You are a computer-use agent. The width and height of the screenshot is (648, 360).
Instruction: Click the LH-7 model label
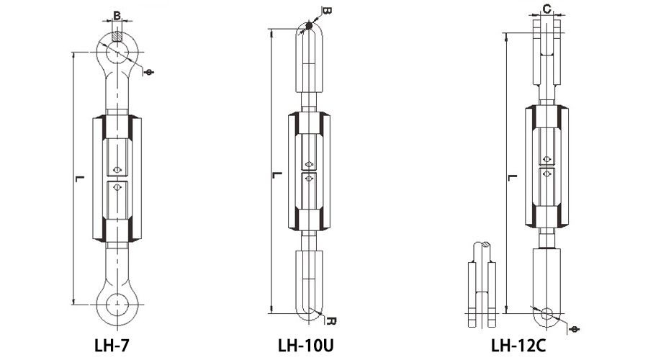click(x=112, y=346)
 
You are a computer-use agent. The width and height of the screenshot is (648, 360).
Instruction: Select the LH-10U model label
click(x=305, y=346)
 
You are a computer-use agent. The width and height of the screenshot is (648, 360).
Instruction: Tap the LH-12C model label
click(x=518, y=346)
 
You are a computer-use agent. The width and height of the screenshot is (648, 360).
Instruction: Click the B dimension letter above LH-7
click(x=117, y=16)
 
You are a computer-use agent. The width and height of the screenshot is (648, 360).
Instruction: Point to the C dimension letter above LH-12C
click(x=546, y=9)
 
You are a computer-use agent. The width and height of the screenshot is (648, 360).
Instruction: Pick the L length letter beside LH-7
click(x=79, y=179)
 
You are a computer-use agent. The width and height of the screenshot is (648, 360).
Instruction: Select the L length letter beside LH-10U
click(x=277, y=175)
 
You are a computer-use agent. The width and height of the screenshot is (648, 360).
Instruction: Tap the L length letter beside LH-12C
click(x=512, y=178)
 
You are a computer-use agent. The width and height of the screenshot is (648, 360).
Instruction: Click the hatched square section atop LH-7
click(x=117, y=37)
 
